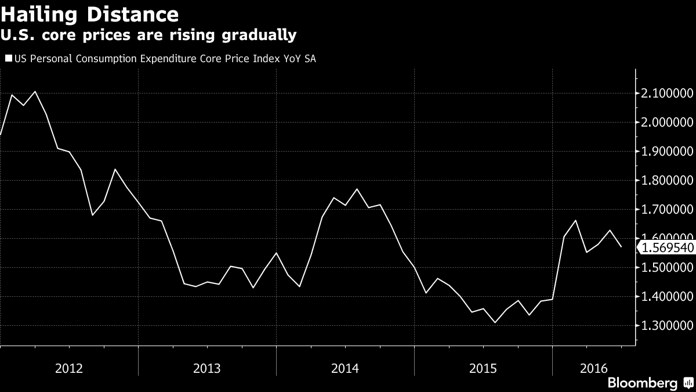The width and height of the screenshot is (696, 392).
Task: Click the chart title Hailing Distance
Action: point(89,14)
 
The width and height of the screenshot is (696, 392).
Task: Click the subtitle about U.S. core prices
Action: point(148,35)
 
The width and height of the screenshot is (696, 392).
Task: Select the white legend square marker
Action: point(9,58)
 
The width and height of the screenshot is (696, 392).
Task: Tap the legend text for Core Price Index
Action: point(165,58)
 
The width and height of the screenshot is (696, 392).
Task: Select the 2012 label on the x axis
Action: point(69,368)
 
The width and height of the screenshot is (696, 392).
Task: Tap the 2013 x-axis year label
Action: point(207,368)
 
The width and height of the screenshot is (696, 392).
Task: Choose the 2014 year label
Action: point(345,368)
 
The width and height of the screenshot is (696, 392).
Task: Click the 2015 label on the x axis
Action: point(483,368)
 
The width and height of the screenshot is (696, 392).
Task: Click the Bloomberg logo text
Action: point(642,383)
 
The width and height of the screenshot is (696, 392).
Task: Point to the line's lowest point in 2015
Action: point(495,322)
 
